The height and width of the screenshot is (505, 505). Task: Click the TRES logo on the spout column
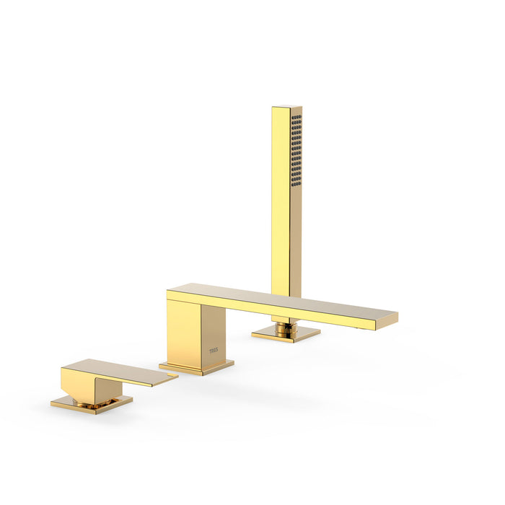tap(214, 351)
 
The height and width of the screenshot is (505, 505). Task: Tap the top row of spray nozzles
tap(297, 117)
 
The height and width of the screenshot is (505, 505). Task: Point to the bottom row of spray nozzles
tap(297, 184)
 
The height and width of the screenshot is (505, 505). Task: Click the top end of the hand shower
tap(286, 108)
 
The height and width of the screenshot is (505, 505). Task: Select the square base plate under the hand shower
tap(286, 335)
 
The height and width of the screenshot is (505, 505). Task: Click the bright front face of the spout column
tap(184, 332)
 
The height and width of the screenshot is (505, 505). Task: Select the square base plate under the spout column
tap(196, 368)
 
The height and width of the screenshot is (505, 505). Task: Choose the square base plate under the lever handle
tap(92, 404)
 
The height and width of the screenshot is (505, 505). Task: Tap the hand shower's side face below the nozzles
tap(296, 238)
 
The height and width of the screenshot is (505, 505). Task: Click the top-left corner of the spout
tap(168, 291)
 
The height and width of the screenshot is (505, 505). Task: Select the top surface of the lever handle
tap(115, 369)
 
